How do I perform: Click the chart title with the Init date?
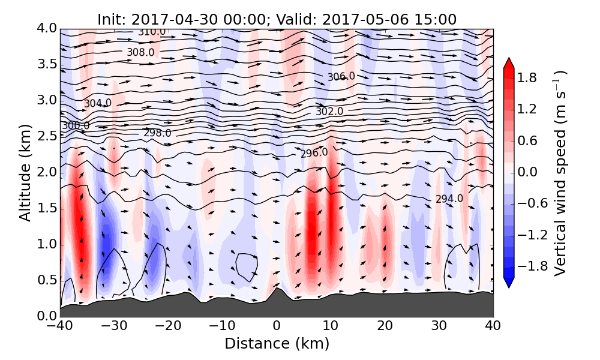(277, 19)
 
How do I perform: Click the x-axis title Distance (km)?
(277, 344)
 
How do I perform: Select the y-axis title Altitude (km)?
(25, 172)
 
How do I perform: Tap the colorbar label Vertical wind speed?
(559, 173)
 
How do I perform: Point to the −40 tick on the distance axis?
(60, 326)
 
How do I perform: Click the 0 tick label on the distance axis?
(277, 326)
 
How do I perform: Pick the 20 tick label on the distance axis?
(385, 326)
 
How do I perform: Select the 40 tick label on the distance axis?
(493, 326)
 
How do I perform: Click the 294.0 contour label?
(449, 199)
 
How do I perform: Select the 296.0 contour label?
(314, 153)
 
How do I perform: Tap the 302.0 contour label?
(329, 111)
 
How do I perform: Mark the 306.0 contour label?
(341, 77)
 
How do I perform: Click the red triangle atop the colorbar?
(509, 63)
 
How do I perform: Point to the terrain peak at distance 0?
(277, 289)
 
